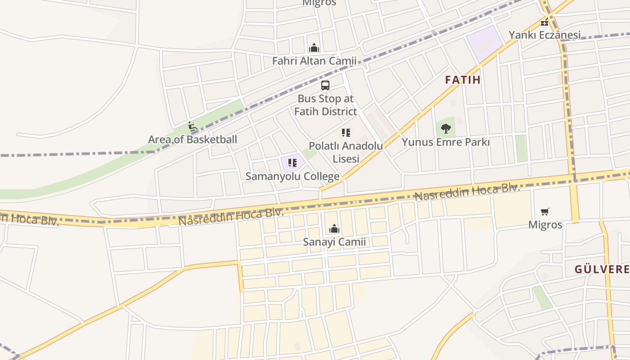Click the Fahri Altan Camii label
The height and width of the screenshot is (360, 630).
314,61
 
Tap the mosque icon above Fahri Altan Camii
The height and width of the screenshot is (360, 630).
314,47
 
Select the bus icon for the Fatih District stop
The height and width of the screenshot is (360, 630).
325,85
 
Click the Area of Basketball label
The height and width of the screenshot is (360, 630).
192,139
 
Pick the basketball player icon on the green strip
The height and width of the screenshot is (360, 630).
193,126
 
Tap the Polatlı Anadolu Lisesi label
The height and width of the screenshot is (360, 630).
346,152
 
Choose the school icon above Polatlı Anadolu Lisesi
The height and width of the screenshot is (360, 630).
346,133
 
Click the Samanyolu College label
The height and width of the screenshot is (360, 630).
292,176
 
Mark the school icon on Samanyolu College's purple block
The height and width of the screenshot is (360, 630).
292,162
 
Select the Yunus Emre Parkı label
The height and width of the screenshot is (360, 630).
445,142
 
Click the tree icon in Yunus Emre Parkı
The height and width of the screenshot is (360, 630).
445,129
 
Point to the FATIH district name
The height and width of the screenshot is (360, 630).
463,80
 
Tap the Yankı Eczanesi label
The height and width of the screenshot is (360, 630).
544,35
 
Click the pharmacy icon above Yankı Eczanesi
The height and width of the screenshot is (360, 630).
544,22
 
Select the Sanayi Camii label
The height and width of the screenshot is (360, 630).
334,242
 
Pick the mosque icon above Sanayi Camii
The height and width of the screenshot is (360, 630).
334,229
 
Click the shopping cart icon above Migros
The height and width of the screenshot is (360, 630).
545,211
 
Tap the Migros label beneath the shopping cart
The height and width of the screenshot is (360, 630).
545,225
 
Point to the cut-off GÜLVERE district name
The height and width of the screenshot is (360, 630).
602,270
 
